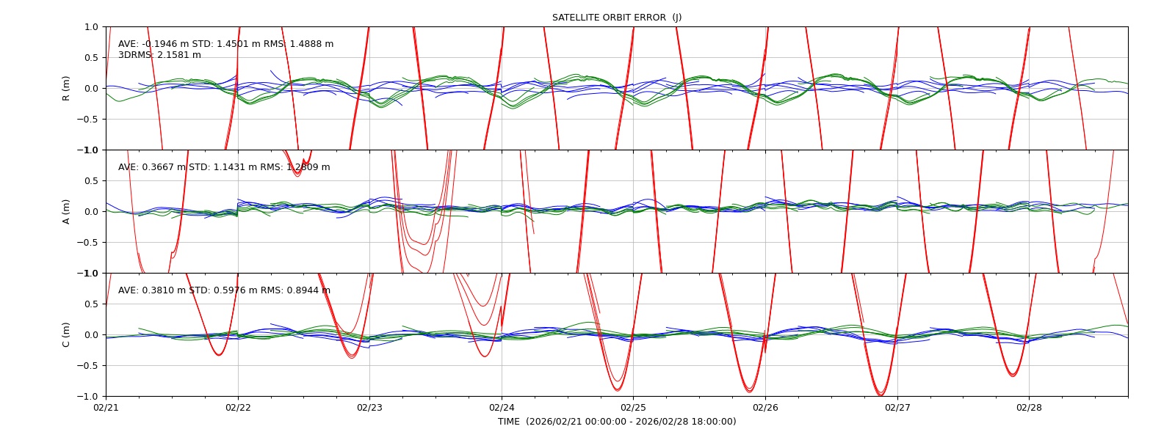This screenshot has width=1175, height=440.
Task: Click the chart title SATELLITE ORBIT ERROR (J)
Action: (616, 18)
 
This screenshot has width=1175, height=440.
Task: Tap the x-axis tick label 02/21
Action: (106, 408)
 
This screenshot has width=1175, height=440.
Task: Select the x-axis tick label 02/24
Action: (502, 408)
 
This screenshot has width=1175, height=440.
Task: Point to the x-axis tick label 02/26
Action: (765, 408)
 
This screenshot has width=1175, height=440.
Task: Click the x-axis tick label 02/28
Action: (1029, 408)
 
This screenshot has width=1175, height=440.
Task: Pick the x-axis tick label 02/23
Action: (370, 408)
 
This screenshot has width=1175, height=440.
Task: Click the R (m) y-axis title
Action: (66, 89)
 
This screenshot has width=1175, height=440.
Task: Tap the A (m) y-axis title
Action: (66, 212)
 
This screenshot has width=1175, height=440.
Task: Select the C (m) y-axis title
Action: (66, 334)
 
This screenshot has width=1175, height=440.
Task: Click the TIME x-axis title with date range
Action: (617, 422)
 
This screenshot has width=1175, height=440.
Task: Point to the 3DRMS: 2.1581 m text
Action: (159, 55)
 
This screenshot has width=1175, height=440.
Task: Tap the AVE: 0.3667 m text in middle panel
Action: (151, 167)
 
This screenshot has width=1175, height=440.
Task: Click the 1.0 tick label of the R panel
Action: (92, 26)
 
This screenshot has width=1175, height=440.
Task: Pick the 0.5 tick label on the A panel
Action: (92, 180)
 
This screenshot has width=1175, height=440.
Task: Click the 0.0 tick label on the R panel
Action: (92, 89)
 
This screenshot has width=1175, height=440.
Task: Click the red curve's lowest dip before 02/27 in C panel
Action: (881, 395)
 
